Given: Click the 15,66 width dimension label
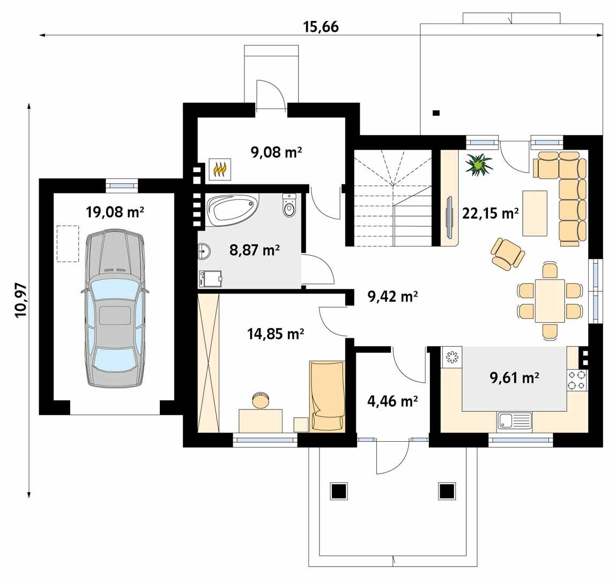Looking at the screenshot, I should [x=322, y=26].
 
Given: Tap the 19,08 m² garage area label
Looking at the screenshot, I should [x=115, y=212].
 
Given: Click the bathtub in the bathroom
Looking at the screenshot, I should [x=232, y=209].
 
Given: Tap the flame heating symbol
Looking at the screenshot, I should [x=219, y=169].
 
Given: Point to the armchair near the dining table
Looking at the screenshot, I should [x=507, y=254].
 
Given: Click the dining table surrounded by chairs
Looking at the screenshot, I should [x=550, y=301].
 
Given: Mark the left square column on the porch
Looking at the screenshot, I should [x=339, y=490].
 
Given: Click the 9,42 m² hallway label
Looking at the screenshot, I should [x=392, y=296].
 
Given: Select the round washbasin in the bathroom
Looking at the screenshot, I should [x=204, y=250].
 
